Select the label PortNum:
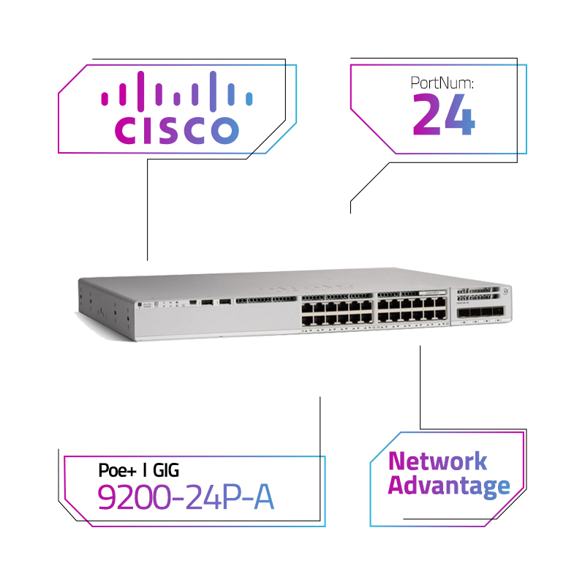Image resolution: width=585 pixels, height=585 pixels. click(442, 83)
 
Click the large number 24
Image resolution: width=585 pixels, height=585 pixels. click(444, 116)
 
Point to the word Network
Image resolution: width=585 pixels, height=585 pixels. click(437, 461)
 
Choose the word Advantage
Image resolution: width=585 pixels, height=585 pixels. click(448, 486)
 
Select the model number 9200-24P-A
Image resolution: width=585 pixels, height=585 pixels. click(186, 498)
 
